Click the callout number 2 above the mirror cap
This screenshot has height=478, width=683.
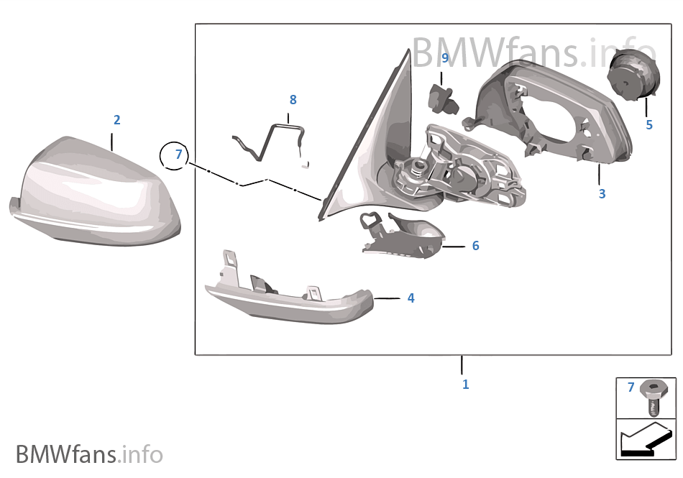pyautogui.click(x=116, y=120)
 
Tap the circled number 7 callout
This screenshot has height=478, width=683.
pyautogui.click(x=174, y=155)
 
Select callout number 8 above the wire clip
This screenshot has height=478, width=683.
pyautogui.click(x=293, y=100)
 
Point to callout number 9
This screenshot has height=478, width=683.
pyautogui.click(x=445, y=58)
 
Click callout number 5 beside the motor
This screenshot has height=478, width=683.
pyautogui.click(x=649, y=125)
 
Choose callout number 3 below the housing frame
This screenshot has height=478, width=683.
pyautogui.click(x=602, y=194)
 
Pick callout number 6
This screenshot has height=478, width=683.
pyautogui.click(x=476, y=246)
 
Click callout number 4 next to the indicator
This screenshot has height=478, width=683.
pyautogui.click(x=411, y=298)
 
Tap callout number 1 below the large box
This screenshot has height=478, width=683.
pyautogui.click(x=466, y=385)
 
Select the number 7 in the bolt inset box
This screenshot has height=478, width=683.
pyautogui.click(x=631, y=387)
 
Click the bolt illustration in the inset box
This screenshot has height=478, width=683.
pyautogui.click(x=654, y=397)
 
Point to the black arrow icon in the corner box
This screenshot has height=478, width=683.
pyautogui.click(x=646, y=440)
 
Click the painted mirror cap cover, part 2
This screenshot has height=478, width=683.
pyautogui.click(x=95, y=191)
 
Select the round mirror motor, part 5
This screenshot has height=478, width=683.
pyautogui.click(x=633, y=75)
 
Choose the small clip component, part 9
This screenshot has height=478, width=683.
pyautogui.click(x=444, y=98)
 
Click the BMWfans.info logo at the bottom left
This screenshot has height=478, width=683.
pyautogui.click(x=89, y=454)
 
